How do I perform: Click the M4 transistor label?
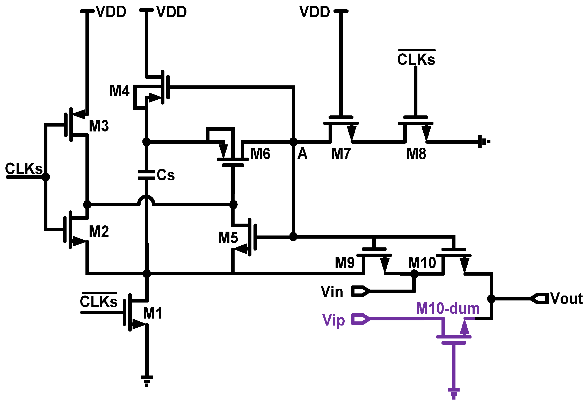pos(119,91)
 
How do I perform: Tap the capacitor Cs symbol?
pos(146,175)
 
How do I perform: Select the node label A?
pos(302,154)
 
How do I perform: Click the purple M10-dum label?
pos(448,308)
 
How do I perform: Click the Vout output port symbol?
pos(539,299)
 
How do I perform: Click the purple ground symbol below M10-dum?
pos(454,393)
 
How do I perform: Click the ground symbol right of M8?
pos(483,142)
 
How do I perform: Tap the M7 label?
pos(341,154)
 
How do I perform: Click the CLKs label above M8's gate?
pos(416,59)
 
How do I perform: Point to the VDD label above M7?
pos(315,12)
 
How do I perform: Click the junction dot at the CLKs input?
pos(46,177)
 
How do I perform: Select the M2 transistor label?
pos(99,231)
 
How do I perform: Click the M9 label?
pos(344,263)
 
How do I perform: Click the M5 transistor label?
pos(228,238)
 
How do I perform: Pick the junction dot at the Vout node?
pos(491,299)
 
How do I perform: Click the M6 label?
pos(260,154)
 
